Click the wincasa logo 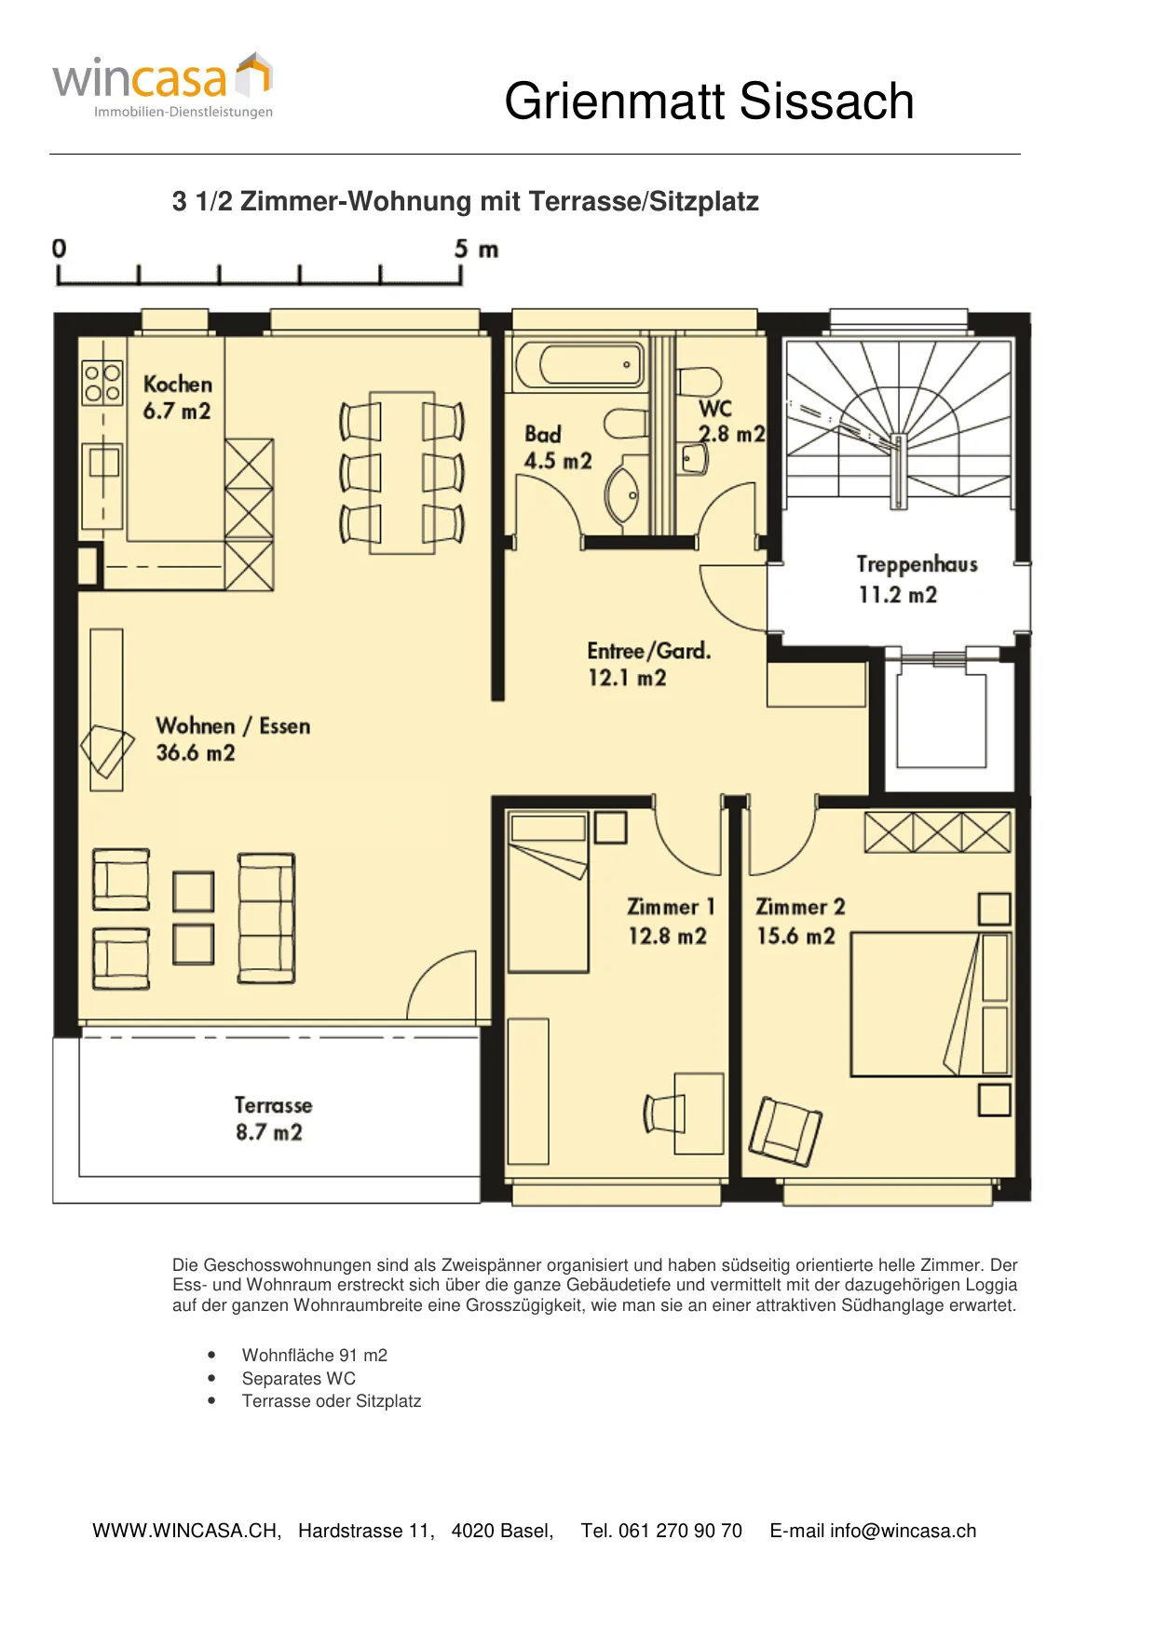click(163, 86)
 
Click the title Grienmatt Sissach click(709, 101)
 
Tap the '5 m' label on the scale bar click(476, 249)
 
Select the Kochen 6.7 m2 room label click(177, 398)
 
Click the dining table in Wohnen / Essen click(402, 473)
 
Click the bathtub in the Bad click(579, 365)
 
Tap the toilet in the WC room click(699, 382)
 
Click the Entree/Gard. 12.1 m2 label click(648, 664)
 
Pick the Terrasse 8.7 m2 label click(272, 1118)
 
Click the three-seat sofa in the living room click(266, 918)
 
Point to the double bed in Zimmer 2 click(931, 1005)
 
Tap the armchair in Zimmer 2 click(785, 1131)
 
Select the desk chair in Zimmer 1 click(664, 1114)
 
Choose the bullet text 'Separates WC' click(299, 1378)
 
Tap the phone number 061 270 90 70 click(680, 1531)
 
